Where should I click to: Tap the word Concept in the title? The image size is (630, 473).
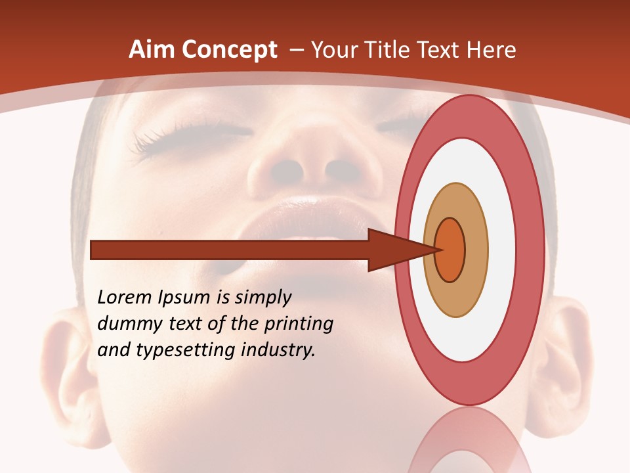coord(229,50)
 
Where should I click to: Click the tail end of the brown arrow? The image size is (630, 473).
coord(93,250)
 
